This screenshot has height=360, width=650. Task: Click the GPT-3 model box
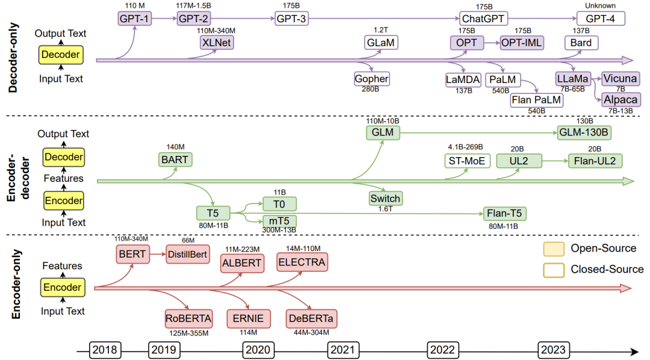292,19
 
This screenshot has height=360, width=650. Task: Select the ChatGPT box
484,19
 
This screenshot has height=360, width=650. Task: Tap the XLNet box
217,43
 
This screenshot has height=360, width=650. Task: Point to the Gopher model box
372,79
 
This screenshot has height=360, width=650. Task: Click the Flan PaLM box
536,100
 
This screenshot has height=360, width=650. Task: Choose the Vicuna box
621,79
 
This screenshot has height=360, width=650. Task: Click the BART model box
175,160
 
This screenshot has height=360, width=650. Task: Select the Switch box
385,198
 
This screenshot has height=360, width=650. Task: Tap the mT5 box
280,221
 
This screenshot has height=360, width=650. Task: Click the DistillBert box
188,254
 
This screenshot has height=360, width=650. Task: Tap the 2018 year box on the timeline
106,350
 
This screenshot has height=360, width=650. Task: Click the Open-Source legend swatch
553,249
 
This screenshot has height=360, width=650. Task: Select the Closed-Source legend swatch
553,269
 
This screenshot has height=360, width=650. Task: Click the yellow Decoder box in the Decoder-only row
60,55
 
